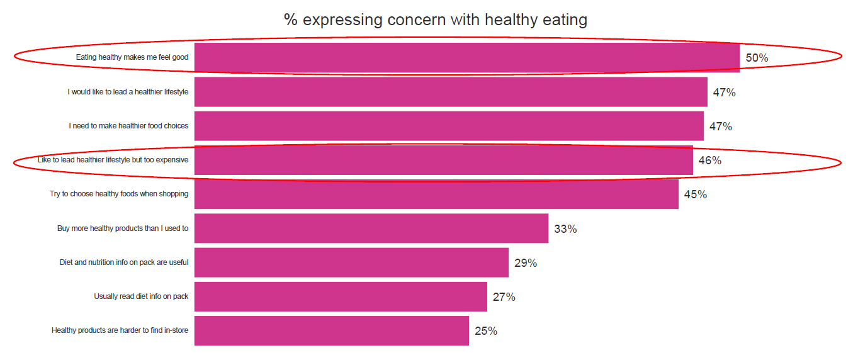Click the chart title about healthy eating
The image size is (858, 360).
[435, 20]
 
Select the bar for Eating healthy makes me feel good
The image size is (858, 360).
[466, 58]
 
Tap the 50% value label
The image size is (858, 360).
[757, 58]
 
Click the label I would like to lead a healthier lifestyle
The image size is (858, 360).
[128, 92]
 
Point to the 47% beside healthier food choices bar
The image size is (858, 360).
[720, 127]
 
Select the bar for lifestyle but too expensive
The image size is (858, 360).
[443, 160]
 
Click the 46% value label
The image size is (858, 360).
[709, 160]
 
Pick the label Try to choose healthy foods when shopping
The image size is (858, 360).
[119, 194]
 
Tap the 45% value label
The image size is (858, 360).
[695, 194]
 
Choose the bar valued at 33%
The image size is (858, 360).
[371, 228]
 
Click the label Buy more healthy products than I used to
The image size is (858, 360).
[123, 228]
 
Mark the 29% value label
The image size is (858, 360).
[525, 263]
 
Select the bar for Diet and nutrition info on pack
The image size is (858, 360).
[351, 262]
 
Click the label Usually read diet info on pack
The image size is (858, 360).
[141, 296]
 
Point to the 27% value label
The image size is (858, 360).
[504, 297]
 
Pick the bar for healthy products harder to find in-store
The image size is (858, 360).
[331, 330]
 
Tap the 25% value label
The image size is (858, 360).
[485, 331]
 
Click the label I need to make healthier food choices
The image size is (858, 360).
[128, 126]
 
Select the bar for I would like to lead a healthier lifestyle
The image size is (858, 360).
[451, 92]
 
